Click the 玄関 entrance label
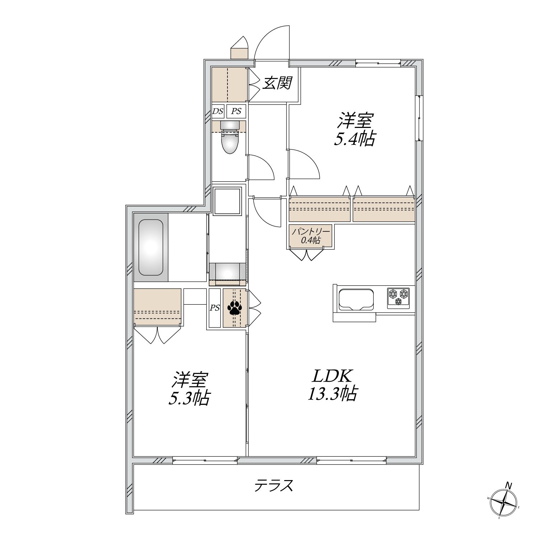277,83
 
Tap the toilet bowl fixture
230,138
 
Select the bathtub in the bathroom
151,247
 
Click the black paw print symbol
235,308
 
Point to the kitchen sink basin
356,298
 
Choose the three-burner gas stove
398,298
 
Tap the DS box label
217,111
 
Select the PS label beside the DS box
236,111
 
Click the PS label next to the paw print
215,308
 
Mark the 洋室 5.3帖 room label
189,389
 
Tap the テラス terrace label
274,486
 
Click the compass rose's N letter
508,485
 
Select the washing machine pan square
227,201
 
